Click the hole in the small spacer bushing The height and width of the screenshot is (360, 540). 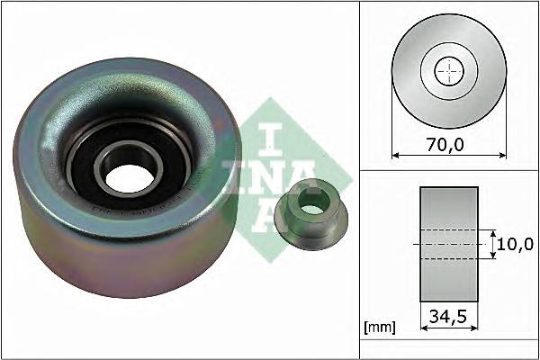pos(311,205)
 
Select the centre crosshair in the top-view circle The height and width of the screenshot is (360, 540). pos(448,71)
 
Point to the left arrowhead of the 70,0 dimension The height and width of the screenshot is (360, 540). pos(397,156)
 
